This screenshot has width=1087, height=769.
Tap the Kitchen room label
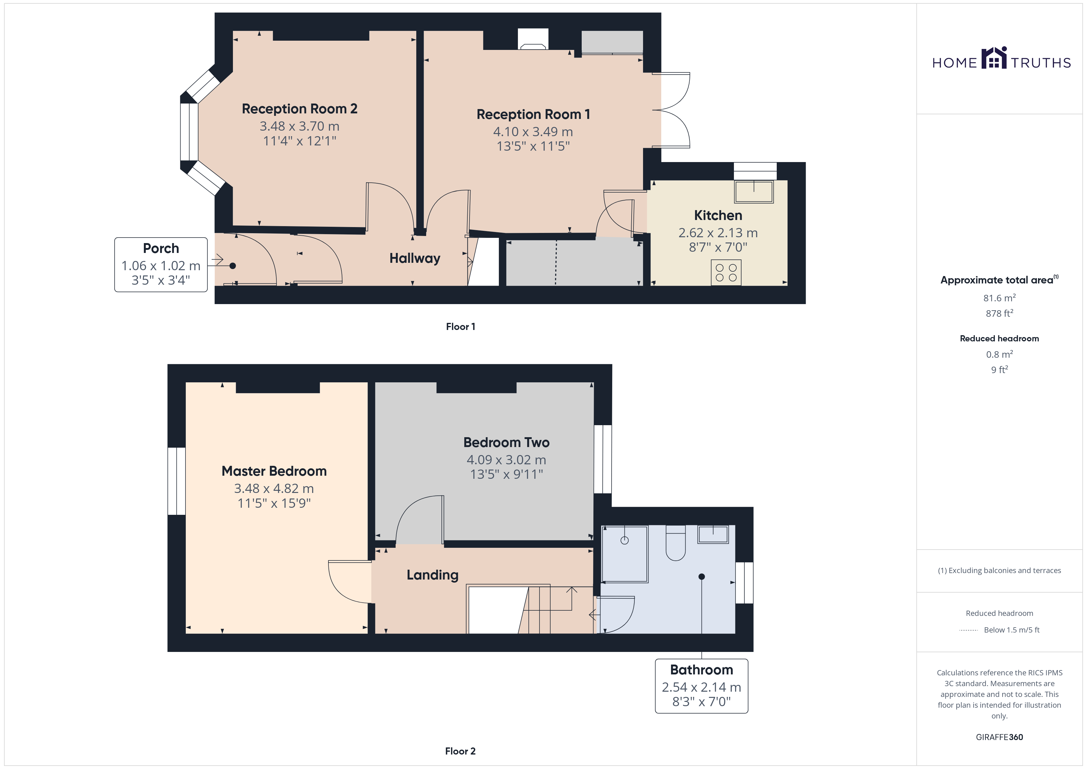coord(718,215)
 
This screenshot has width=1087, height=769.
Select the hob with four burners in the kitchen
coord(726,272)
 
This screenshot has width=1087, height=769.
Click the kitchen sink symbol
coord(754,192)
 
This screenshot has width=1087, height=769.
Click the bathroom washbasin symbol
coord(713,535)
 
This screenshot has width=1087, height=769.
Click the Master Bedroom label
coord(274,471)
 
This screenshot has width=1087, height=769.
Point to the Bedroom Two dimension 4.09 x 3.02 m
coord(507,460)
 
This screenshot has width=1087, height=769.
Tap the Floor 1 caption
coord(461,327)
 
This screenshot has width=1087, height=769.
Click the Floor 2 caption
coord(460,751)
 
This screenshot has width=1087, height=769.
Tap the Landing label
coord(433,575)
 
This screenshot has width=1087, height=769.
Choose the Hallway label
coord(415,258)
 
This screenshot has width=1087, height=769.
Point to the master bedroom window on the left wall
coord(177,481)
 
